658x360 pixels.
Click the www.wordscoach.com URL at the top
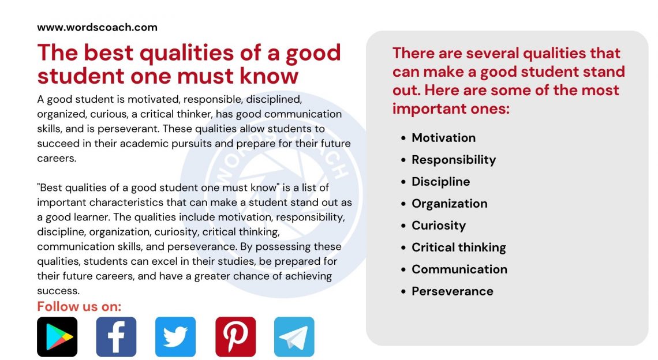pos(97,27)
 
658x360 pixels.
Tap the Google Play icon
pos(57,336)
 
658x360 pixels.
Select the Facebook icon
pos(116,336)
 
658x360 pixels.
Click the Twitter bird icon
pos(175,336)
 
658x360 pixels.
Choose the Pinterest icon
pos(235,336)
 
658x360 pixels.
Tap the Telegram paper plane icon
pos(294,336)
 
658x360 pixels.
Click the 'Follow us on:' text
pos(79,306)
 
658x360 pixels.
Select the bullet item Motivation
pos(443,138)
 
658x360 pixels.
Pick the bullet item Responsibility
pos(454,160)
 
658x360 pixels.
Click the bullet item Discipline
pos(440,182)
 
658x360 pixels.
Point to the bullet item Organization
pos(449,204)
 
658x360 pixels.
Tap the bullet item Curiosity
pos(438,226)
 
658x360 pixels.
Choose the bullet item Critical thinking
pos(458,247)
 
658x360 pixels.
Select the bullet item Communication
pos(459,269)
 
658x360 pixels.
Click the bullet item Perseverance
pos(452,291)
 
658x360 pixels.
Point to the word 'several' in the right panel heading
pos(500,53)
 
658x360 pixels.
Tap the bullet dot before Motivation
pos(404,138)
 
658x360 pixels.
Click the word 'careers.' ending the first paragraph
pos(57,158)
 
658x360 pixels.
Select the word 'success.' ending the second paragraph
pos(58,291)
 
